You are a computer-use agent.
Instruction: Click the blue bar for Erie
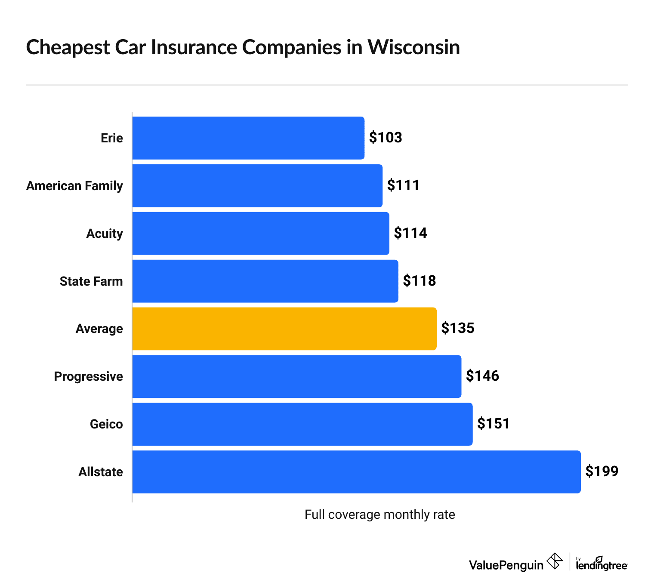[248, 138]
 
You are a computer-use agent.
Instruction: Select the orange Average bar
[284, 329]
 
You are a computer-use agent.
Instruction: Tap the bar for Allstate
[356, 472]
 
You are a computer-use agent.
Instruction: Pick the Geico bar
[302, 424]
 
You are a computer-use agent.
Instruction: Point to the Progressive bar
[296, 376]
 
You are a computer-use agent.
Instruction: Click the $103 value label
[386, 138]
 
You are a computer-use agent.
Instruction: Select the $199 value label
[602, 471]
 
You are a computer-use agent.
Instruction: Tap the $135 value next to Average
[457, 328]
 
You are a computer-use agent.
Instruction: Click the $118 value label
[419, 281]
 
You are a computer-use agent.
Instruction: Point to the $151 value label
[493, 424]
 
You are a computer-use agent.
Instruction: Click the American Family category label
[74, 186]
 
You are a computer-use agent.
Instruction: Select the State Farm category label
[91, 281]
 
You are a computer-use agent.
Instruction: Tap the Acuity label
[105, 234]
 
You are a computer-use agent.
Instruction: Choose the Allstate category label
[101, 472]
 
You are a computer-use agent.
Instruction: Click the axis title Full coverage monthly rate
[379, 514]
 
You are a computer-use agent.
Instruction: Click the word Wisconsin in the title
[413, 47]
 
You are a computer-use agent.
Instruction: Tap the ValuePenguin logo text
[506, 565]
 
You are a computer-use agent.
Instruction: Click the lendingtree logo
[602, 564]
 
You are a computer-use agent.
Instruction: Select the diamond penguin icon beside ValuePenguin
[555, 561]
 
